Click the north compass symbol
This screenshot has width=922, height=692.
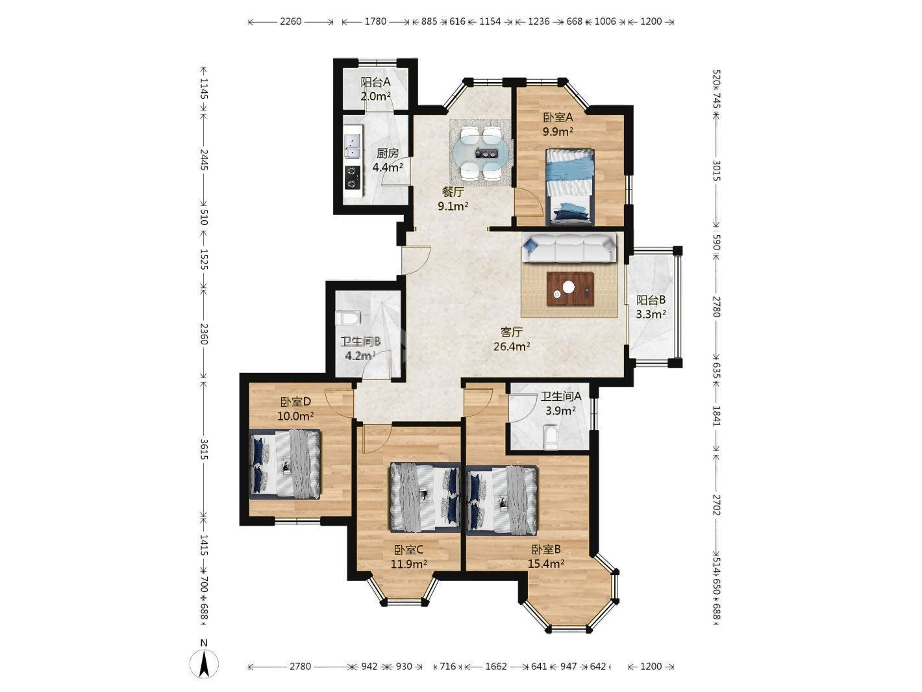point(204,664)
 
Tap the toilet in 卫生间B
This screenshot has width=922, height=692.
point(348,317)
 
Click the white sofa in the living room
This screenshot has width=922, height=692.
point(569,249)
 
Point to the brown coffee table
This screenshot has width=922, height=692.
point(570,288)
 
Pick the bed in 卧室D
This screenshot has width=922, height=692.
point(285,464)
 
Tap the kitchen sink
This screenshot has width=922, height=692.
point(352,146)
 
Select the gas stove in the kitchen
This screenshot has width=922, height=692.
point(352,177)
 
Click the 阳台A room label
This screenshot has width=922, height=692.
point(375,82)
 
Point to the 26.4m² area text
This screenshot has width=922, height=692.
point(511,346)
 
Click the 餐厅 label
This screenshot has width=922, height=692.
point(453,192)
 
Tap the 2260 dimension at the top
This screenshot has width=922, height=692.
point(291,21)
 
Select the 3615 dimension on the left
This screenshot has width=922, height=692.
point(204,449)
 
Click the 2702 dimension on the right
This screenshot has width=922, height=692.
point(716,505)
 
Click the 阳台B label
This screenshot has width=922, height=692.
point(651,300)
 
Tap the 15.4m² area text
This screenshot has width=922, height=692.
point(545,564)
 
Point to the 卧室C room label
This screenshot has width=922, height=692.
point(408,550)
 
